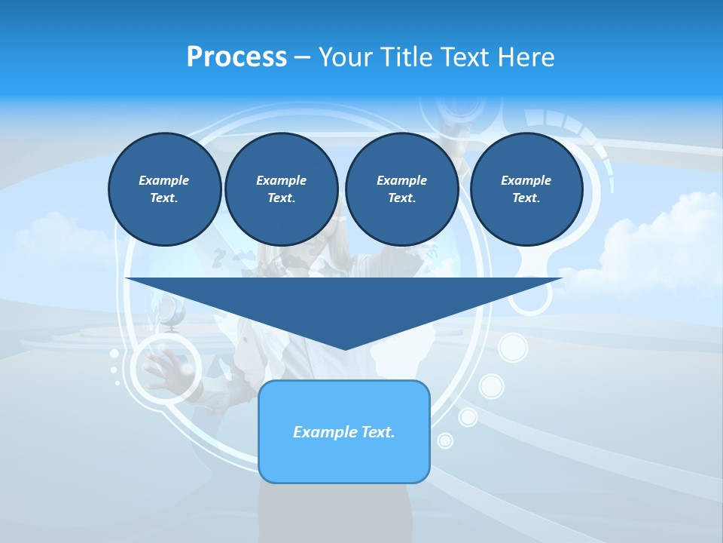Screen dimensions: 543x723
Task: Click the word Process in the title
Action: (x=236, y=57)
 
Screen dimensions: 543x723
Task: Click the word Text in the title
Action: (x=468, y=57)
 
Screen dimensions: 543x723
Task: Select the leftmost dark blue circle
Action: (x=164, y=189)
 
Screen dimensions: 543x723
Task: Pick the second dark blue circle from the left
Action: (x=281, y=189)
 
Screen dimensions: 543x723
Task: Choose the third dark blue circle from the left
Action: (x=401, y=189)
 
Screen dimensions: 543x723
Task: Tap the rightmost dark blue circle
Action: (x=526, y=189)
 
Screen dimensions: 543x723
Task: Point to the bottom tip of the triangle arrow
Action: (x=344, y=348)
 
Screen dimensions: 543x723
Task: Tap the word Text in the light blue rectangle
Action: (x=379, y=432)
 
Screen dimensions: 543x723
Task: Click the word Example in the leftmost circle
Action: (x=164, y=180)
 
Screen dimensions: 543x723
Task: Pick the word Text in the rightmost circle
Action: (x=526, y=198)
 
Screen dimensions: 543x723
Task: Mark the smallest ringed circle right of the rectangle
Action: (x=445, y=440)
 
